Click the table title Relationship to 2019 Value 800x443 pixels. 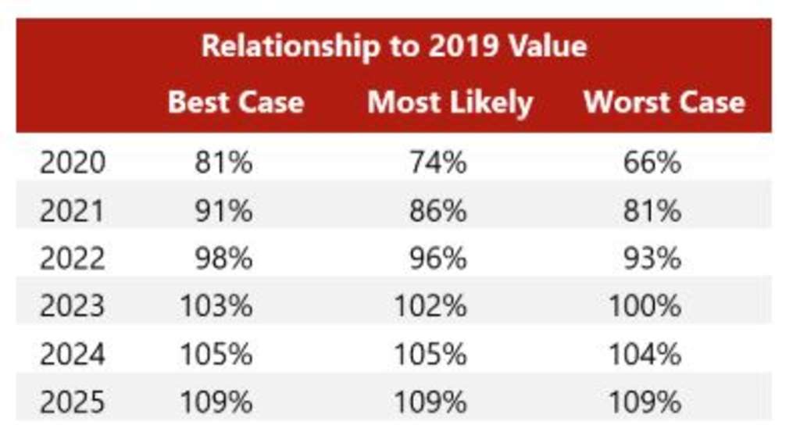[394, 46]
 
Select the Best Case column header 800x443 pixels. [235, 102]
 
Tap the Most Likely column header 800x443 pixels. [450, 102]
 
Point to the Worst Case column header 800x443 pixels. [664, 102]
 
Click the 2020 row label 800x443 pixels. [72, 163]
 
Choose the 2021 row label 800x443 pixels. [72, 211]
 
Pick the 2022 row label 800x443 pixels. [72, 259]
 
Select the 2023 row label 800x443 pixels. [72, 306]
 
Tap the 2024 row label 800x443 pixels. [72, 355]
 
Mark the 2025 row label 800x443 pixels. [72, 402]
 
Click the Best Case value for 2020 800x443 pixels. [223, 163]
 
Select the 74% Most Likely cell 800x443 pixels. [438, 163]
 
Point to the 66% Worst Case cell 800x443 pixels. [652, 163]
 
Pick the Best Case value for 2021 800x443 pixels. [223, 211]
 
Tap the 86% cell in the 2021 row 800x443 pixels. [438, 211]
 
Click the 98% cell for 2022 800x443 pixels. [223, 259]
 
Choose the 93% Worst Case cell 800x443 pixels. [652, 259]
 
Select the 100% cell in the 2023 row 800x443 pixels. [645, 306]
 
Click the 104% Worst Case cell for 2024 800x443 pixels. [645, 355]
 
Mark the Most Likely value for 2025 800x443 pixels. [430, 402]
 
